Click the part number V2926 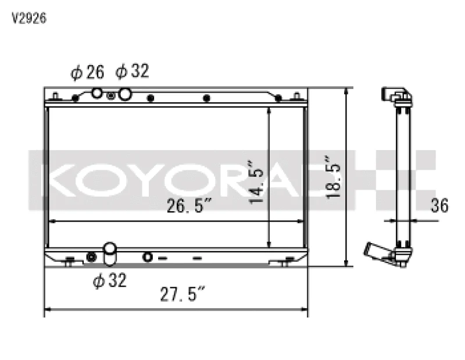pyautogui.click(x=28, y=19)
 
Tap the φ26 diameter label pyautogui.click(x=88, y=72)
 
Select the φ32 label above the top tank pyautogui.click(x=132, y=71)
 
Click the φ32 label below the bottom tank pyautogui.click(x=110, y=280)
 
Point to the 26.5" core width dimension pyautogui.click(x=189, y=205)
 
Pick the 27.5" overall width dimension pyautogui.click(x=183, y=294)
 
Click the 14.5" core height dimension pyautogui.click(x=256, y=182)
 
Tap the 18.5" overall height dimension pyautogui.click(x=333, y=177)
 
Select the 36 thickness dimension pyautogui.click(x=439, y=205)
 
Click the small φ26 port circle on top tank pyautogui.click(x=96, y=93)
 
